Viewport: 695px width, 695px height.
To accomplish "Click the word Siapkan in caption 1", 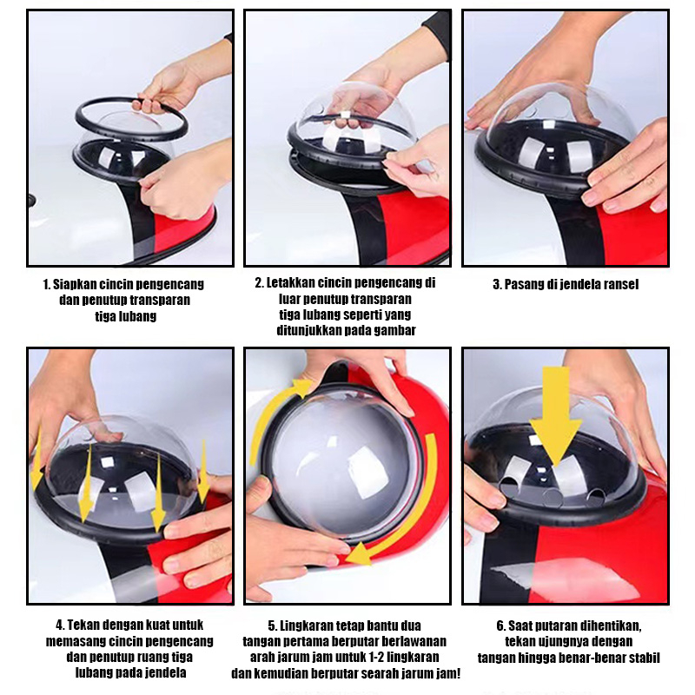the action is coord(75,284).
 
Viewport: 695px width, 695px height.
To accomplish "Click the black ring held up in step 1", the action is coord(132,118).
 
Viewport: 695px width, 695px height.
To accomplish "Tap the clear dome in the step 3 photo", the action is coord(561,116).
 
